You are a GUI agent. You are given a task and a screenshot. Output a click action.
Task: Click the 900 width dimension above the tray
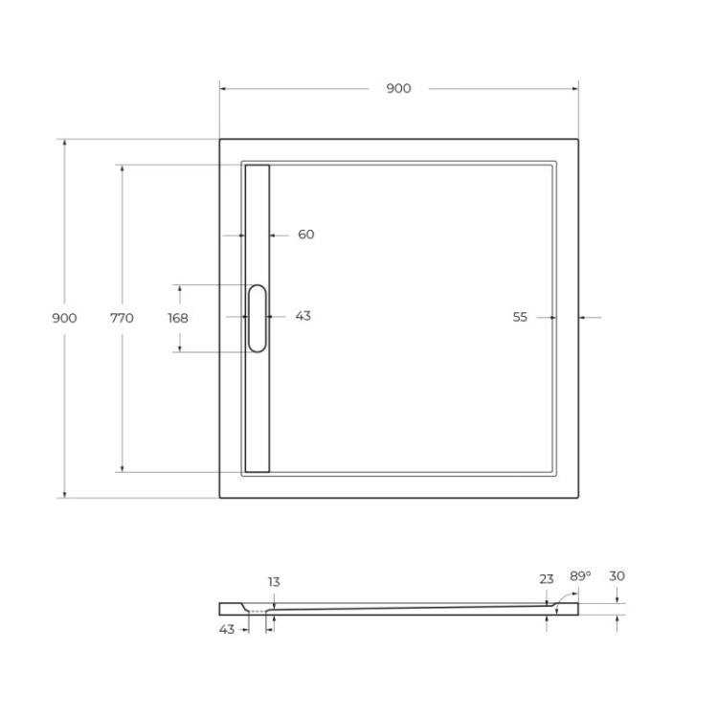point(398,89)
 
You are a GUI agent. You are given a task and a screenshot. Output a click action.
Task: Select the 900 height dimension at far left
point(64,318)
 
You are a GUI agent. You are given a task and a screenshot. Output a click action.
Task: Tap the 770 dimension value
point(122,318)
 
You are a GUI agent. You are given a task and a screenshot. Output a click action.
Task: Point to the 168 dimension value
point(177,318)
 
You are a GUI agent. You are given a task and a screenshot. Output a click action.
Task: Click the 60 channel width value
point(306,235)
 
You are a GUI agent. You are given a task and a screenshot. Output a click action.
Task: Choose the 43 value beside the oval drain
point(303,316)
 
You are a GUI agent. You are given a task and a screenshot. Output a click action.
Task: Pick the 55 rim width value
point(520,318)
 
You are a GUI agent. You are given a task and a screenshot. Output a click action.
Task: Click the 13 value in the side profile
point(275,582)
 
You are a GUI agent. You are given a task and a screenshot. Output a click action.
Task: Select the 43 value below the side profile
point(227,629)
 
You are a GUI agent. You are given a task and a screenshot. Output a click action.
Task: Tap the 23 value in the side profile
point(547,578)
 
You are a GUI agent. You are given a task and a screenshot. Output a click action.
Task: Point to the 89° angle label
point(580,575)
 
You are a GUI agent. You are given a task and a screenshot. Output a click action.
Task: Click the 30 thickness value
point(617,575)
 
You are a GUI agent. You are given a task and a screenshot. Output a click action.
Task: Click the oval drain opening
point(258,318)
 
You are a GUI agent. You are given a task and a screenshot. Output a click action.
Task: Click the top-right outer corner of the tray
point(578,140)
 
